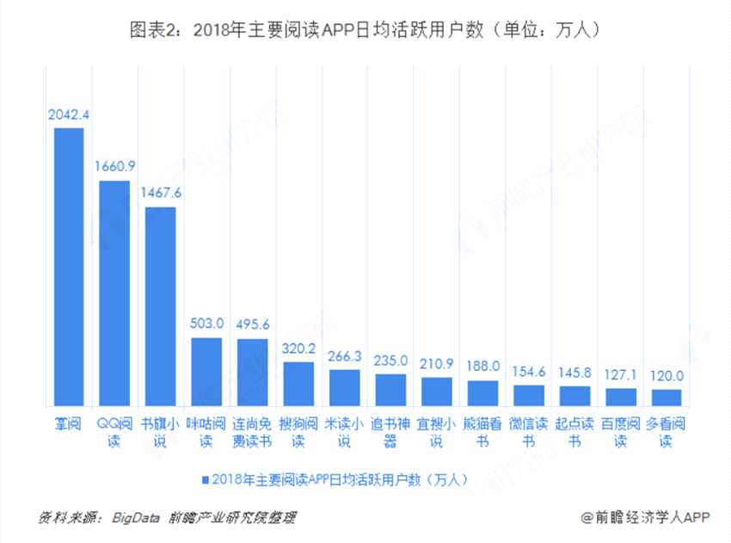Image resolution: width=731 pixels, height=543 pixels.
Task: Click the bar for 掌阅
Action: [69, 267]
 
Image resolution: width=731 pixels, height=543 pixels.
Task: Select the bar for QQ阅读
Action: [114, 293]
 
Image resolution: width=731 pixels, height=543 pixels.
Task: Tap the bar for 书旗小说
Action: [161, 305]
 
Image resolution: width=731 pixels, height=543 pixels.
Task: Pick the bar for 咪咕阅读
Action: [206, 371]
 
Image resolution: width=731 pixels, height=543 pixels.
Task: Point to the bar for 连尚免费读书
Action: [253, 372]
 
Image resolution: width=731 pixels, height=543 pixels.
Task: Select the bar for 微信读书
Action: [529, 394]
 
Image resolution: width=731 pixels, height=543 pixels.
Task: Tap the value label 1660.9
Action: [114, 167]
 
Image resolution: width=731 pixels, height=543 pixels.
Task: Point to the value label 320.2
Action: [299, 349]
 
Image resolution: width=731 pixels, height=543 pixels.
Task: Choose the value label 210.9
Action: [437, 364]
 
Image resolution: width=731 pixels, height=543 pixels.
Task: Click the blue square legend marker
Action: [206, 478]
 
